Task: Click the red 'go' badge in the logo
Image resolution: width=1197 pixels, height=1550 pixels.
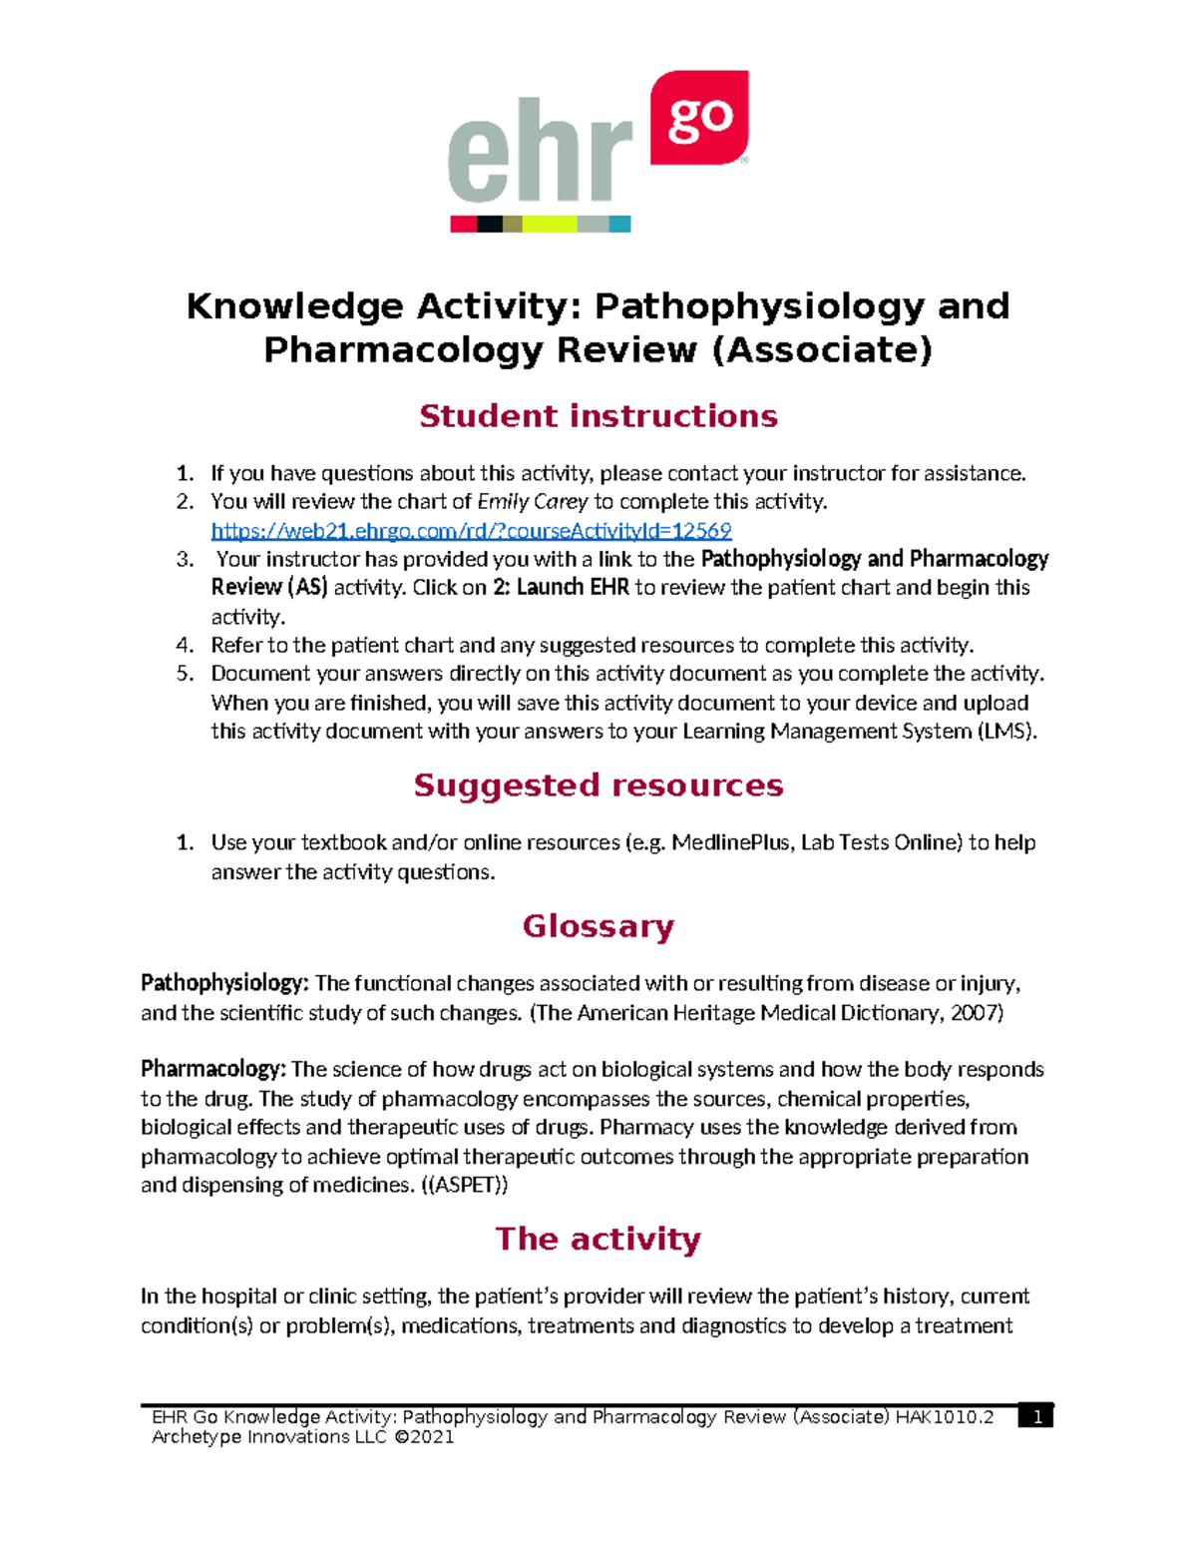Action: [698, 118]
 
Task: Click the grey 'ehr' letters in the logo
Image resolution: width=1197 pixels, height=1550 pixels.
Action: [540, 152]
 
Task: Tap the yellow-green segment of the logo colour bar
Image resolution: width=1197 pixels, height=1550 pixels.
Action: [550, 225]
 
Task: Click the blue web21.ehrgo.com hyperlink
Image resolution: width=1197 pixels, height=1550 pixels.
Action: [471, 530]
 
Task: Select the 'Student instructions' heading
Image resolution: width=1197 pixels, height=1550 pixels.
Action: [598, 415]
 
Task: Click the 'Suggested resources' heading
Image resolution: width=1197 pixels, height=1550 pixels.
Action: [598, 785]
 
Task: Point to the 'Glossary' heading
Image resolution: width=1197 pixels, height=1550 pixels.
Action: [598, 926]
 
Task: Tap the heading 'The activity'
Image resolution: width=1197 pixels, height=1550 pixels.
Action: [598, 1239]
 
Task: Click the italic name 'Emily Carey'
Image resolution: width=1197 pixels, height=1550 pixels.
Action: [533, 501]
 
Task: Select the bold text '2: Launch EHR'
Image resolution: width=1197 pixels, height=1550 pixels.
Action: [561, 587]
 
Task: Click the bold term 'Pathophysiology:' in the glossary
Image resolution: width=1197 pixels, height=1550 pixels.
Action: [224, 983]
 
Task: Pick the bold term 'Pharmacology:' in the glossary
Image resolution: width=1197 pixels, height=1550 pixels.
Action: [213, 1069]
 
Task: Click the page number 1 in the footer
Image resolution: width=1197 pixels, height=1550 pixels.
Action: [1036, 1417]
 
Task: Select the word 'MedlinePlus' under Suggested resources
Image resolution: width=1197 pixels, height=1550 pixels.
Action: [731, 842]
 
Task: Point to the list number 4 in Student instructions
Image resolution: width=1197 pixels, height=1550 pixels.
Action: [185, 645]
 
